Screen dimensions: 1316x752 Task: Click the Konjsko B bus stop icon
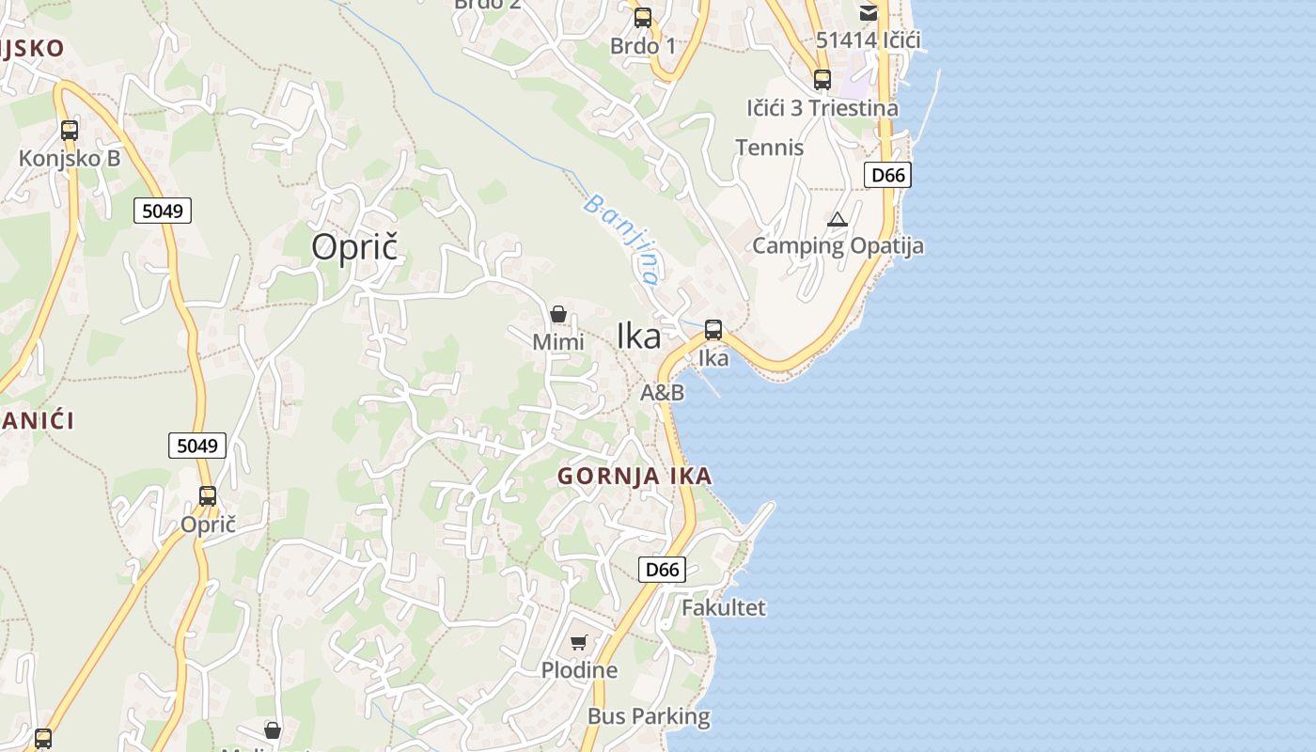pos(70,131)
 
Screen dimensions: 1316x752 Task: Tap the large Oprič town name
pos(355,247)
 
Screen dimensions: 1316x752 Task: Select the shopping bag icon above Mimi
pos(558,314)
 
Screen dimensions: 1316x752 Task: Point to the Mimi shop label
pos(558,342)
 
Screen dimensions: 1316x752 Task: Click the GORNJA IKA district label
pos(634,477)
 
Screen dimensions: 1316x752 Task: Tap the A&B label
pos(662,393)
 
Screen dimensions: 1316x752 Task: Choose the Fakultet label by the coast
pos(723,608)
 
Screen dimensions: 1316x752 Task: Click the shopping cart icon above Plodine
pos(579,643)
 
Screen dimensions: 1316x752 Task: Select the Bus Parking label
pos(649,716)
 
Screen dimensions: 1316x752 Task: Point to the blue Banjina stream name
pos(620,240)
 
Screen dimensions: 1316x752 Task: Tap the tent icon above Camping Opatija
pos(838,220)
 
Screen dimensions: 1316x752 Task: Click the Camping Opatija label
pos(838,246)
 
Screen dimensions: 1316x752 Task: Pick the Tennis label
pos(770,148)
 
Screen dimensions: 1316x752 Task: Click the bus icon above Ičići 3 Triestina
pos(822,80)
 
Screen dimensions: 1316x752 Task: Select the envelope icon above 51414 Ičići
pos(868,13)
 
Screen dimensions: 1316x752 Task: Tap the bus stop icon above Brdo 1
pos(643,18)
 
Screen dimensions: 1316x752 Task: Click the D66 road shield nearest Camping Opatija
pos(887,175)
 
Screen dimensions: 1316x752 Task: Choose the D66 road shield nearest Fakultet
pos(662,570)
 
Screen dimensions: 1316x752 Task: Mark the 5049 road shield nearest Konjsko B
pos(162,211)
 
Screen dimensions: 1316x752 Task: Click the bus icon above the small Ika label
pos(713,330)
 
